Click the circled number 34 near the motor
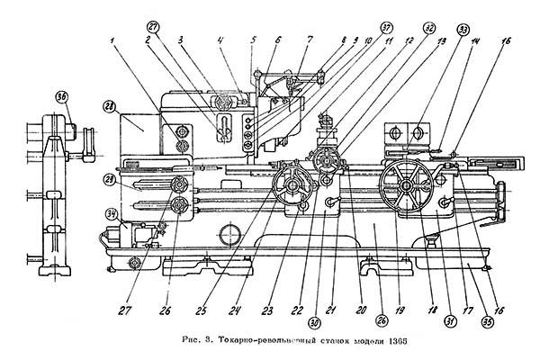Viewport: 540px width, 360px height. pos(112,213)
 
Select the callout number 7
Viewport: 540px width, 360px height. pos(310,40)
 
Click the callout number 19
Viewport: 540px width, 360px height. pos(395,310)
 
